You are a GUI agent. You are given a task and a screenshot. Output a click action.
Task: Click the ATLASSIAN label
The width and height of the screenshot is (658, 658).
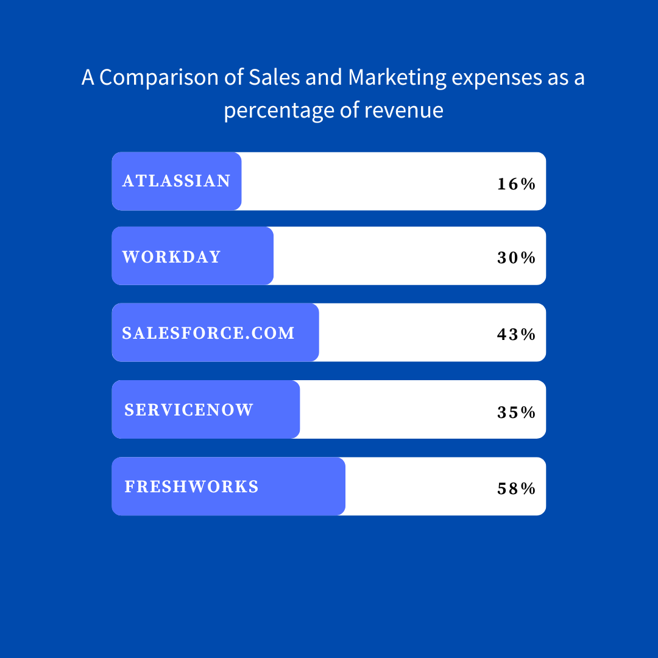click(177, 181)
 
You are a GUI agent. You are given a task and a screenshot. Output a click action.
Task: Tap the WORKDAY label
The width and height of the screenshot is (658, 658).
click(171, 256)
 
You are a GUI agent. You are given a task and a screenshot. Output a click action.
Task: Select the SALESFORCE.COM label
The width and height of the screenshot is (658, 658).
click(208, 333)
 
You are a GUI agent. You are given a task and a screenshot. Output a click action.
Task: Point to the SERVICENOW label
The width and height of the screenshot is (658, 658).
click(189, 409)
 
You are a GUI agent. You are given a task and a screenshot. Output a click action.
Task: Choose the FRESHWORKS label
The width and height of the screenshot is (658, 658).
click(192, 486)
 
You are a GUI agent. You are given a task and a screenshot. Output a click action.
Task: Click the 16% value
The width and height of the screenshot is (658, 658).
click(516, 183)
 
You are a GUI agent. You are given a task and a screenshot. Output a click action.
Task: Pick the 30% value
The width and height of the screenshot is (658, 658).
click(516, 258)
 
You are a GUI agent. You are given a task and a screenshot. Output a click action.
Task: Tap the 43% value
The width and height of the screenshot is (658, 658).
click(516, 334)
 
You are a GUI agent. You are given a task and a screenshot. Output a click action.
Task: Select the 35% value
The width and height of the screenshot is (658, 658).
click(516, 412)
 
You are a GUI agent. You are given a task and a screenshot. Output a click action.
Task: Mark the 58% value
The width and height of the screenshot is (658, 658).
click(516, 488)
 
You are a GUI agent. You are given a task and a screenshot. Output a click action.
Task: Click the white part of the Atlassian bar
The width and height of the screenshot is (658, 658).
click(366, 181)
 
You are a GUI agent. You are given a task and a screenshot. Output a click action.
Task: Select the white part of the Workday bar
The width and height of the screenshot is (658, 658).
click(384, 256)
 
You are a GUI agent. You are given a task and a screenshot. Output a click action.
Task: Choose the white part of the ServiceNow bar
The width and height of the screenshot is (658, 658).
click(396, 409)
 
